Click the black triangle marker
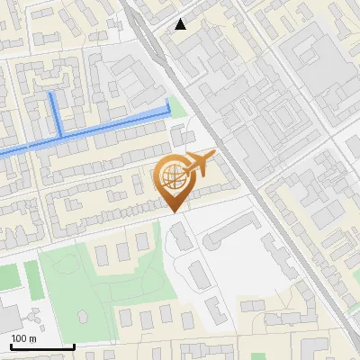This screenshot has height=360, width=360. pyautogui.click(x=181, y=24)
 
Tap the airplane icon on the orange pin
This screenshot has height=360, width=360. pyautogui.click(x=200, y=165)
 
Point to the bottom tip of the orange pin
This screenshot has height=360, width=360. pyautogui.click(x=173, y=211)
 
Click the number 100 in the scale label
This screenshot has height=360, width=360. pyautogui.click(x=19, y=338)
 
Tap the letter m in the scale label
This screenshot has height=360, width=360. pyautogui.click(x=32, y=338)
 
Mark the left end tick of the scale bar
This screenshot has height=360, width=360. pyautogui.click(x=11, y=346)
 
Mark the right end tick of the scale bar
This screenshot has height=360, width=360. pyautogui.click(x=73, y=346)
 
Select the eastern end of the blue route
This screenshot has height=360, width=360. pyautogui.click(x=168, y=108)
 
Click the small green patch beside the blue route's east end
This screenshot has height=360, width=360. pyautogui.click(x=177, y=107)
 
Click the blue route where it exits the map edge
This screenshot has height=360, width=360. pyautogui.click(x=3, y=153)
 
